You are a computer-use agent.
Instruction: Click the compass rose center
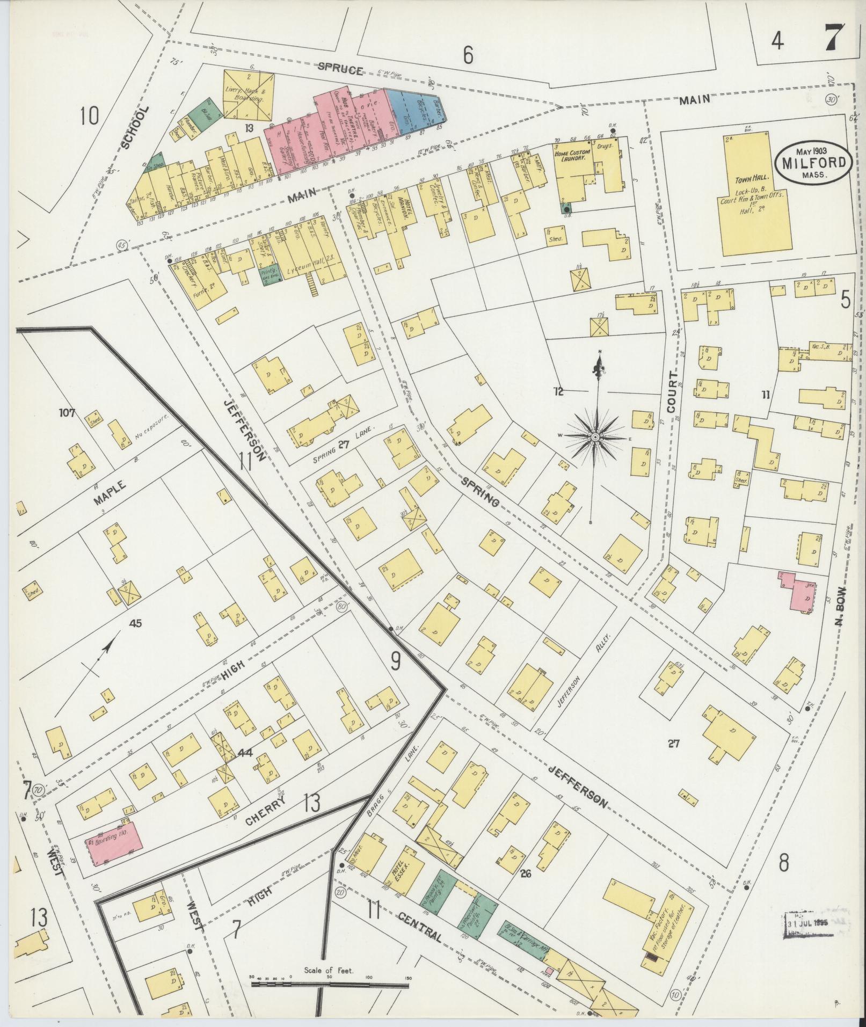595,438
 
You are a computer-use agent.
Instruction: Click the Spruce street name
340,68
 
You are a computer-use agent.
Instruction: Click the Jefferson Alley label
590,662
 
